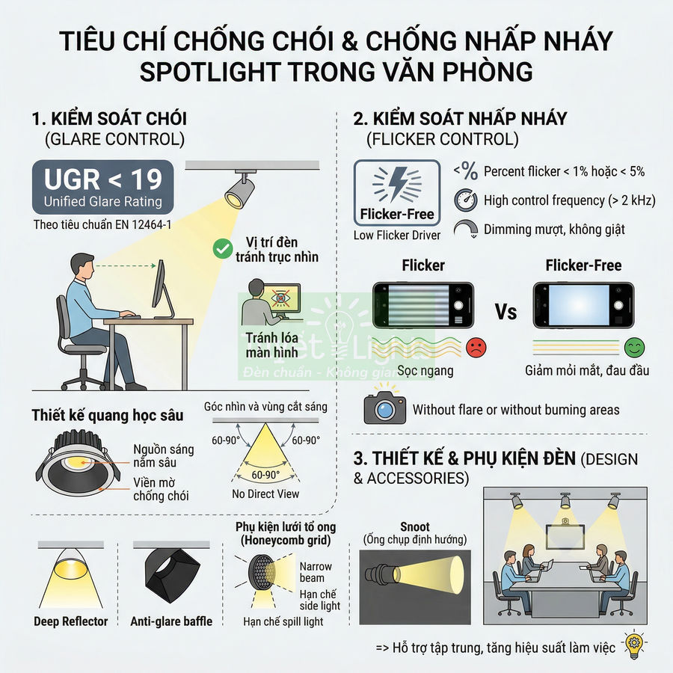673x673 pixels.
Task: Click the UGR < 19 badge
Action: pyautogui.click(x=103, y=186)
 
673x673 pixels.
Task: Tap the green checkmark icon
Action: pyautogui.click(x=222, y=249)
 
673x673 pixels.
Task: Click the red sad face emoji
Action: pyautogui.click(x=476, y=347)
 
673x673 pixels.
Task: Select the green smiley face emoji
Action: pyautogui.click(x=635, y=347)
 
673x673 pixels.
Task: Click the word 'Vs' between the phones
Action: pyautogui.click(x=505, y=311)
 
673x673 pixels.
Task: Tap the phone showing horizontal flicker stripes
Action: pyautogui.click(x=422, y=305)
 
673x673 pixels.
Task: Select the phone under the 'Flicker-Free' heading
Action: pyautogui.click(x=583, y=305)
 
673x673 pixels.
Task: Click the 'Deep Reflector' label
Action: pyautogui.click(x=70, y=621)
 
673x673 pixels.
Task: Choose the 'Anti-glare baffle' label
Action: pyautogui.click(x=171, y=621)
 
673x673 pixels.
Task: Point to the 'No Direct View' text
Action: pyautogui.click(x=265, y=494)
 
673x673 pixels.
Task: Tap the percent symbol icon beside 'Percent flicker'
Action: pyautogui.click(x=465, y=171)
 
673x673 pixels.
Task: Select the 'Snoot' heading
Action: pyautogui.click(x=414, y=526)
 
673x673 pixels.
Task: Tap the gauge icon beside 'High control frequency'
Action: pyautogui.click(x=464, y=200)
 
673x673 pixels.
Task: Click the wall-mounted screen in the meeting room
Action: pyautogui.click(x=565, y=535)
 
